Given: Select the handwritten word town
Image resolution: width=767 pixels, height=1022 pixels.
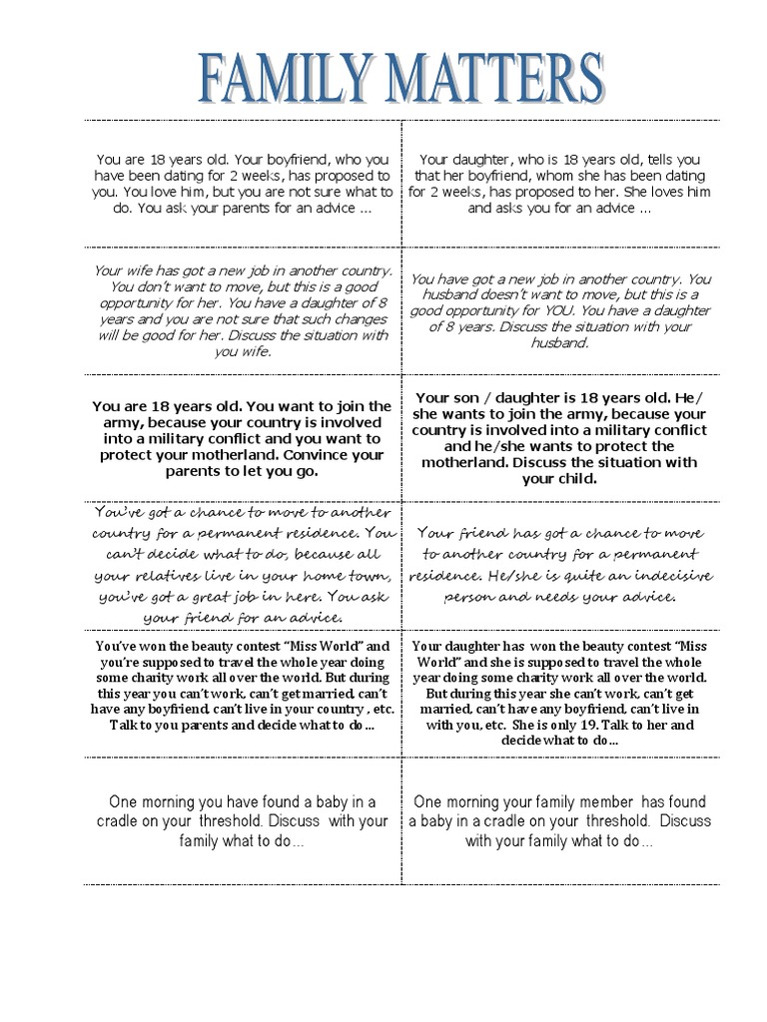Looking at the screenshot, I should pos(363,575).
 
